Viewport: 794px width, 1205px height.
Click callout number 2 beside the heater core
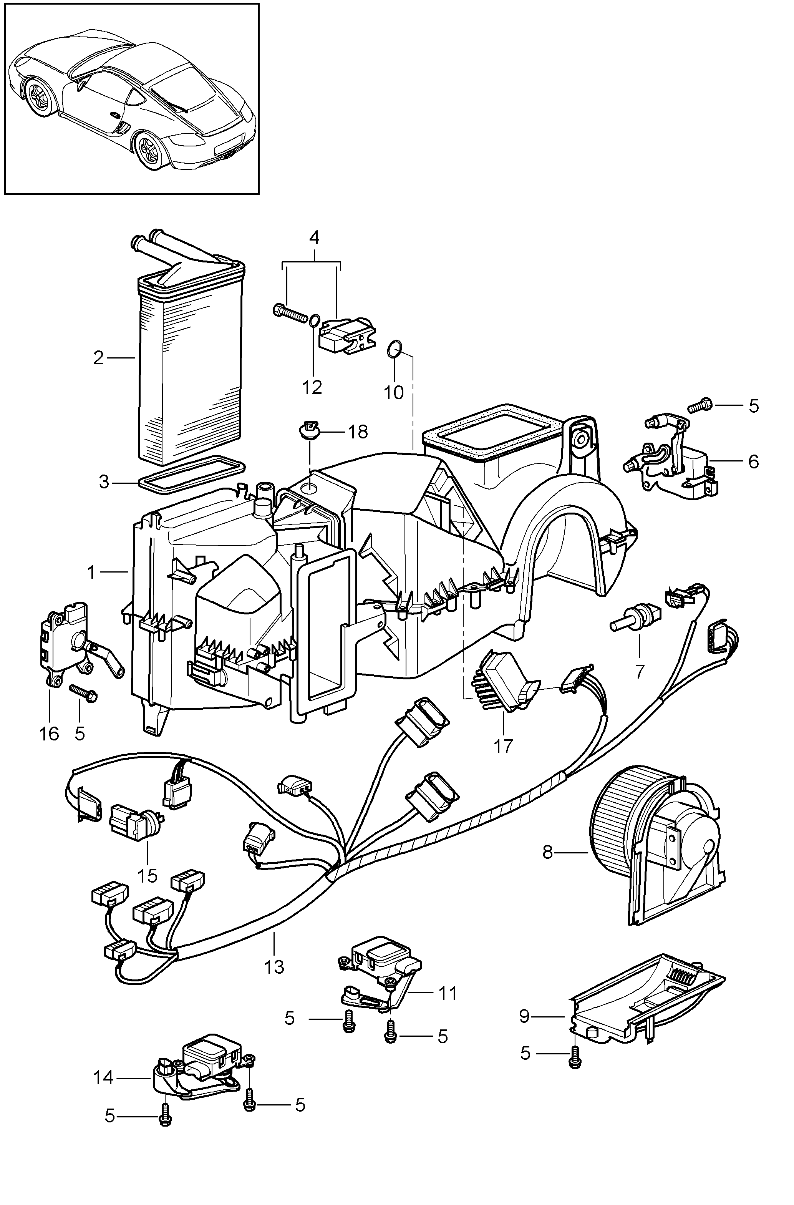tap(98, 358)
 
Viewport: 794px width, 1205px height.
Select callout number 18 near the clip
tap(358, 432)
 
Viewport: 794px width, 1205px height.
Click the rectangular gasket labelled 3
tap(191, 471)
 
